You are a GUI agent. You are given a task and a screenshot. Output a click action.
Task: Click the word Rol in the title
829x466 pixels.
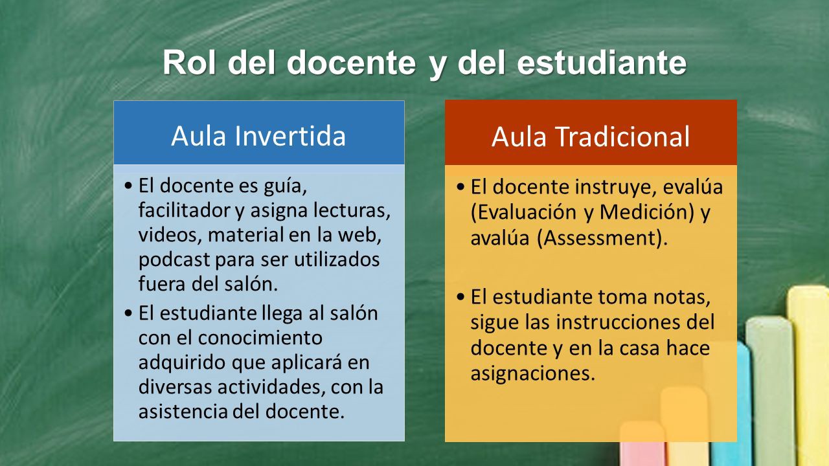(x=189, y=62)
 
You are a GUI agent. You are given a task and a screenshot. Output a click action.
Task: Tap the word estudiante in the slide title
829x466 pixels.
(x=602, y=62)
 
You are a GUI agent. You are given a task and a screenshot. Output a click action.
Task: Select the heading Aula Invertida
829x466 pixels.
(x=258, y=136)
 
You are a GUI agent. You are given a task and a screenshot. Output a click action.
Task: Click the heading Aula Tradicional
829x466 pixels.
(x=591, y=137)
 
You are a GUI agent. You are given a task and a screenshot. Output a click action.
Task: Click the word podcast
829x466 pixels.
(x=174, y=260)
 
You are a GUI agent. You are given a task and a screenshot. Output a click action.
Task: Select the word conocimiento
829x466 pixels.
(x=260, y=337)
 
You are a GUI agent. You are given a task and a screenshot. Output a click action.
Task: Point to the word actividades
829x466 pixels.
(x=271, y=387)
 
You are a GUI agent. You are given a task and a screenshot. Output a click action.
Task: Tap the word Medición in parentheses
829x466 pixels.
(x=646, y=212)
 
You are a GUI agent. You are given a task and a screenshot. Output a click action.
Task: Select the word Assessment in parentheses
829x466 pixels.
(x=599, y=238)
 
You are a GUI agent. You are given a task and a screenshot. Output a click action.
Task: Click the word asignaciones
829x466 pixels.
(x=533, y=373)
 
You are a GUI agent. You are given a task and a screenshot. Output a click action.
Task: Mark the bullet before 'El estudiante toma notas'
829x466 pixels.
(x=460, y=296)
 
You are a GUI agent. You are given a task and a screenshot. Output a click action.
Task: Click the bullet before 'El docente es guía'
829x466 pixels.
(x=128, y=185)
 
